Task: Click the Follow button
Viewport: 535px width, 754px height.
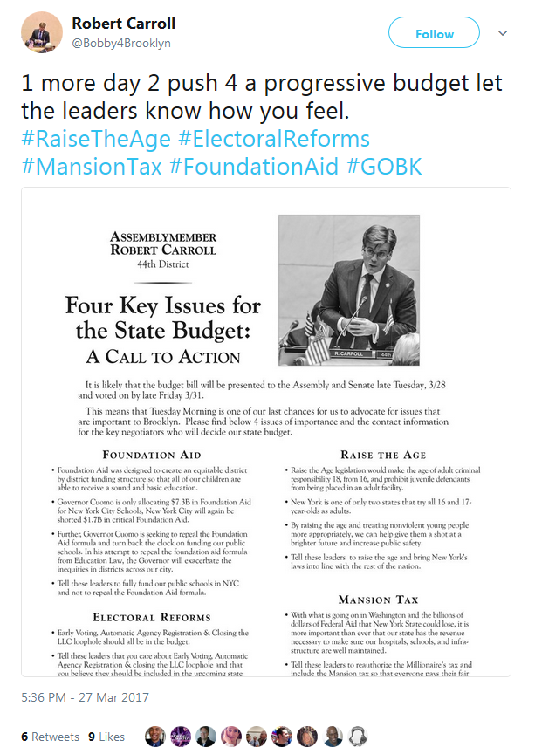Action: click(434, 34)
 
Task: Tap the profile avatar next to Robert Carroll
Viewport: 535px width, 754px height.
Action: click(40, 32)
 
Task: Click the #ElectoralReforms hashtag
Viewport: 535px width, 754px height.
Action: click(274, 139)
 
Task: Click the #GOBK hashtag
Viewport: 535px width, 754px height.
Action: click(384, 166)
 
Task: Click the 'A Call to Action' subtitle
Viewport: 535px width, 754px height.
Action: click(162, 357)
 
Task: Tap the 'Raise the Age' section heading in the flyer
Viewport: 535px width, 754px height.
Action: click(383, 455)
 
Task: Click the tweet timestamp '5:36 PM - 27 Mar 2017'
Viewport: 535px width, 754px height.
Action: click(84, 698)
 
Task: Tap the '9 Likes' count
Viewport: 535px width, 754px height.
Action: click(106, 737)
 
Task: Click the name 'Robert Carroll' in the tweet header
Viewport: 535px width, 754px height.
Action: click(124, 22)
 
